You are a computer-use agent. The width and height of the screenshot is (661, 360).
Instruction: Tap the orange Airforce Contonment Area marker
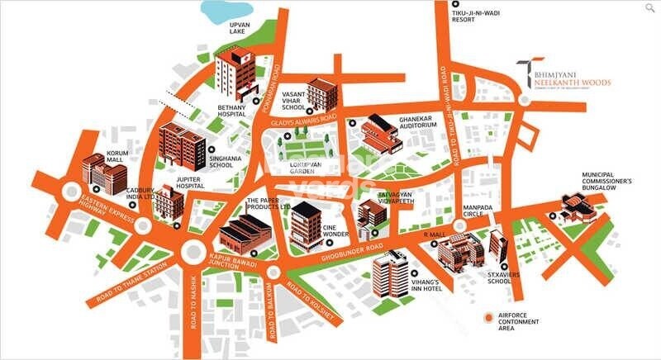pos(490,318)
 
